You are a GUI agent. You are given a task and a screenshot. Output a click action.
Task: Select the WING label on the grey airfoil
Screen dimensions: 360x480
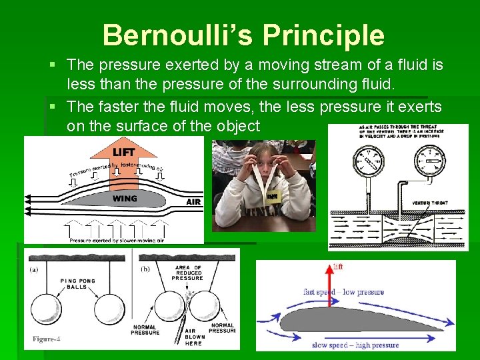[125, 198]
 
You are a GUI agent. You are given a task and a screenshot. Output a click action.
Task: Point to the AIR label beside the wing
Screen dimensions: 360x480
[193, 201]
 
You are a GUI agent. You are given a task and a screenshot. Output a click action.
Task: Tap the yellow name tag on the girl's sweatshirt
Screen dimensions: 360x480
[271, 197]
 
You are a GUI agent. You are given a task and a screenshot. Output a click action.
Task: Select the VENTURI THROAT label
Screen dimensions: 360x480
[429, 202]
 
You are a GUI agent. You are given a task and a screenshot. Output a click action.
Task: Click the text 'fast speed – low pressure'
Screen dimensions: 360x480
[343, 292]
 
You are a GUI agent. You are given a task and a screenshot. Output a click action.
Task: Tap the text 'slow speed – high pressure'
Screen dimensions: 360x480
[355, 345]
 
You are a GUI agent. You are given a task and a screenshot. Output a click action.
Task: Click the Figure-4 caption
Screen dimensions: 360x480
[47, 339]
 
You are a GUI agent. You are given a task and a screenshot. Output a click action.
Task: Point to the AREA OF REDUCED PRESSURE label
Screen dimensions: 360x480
[187, 272]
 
